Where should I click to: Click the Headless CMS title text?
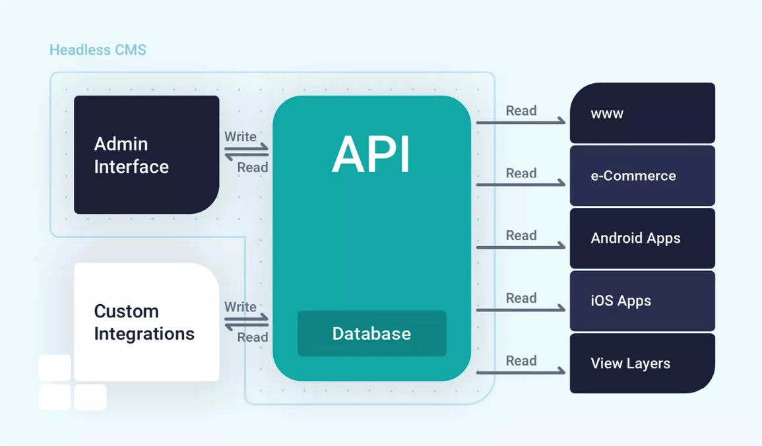(98, 50)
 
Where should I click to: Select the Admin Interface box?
(146, 155)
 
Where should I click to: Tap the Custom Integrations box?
(146, 322)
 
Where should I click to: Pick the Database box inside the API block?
(371, 334)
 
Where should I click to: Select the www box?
(642, 113)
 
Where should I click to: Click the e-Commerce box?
(642, 175)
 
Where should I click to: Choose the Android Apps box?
(642, 238)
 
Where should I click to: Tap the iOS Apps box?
(642, 301)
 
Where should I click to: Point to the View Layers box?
(642, 364)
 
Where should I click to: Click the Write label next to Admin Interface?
(240, 137)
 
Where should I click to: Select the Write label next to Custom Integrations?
(240, 307)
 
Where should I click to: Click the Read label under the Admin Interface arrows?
(253, 168)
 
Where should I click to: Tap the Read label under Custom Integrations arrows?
(253, 337)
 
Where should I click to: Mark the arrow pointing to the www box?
(521, 122)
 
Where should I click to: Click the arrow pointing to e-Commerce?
(521, 185)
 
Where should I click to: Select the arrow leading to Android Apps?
(521, 247)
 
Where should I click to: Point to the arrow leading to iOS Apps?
(521, 309)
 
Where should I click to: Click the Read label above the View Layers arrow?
(521, 361)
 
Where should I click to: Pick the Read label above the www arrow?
(521, 111)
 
